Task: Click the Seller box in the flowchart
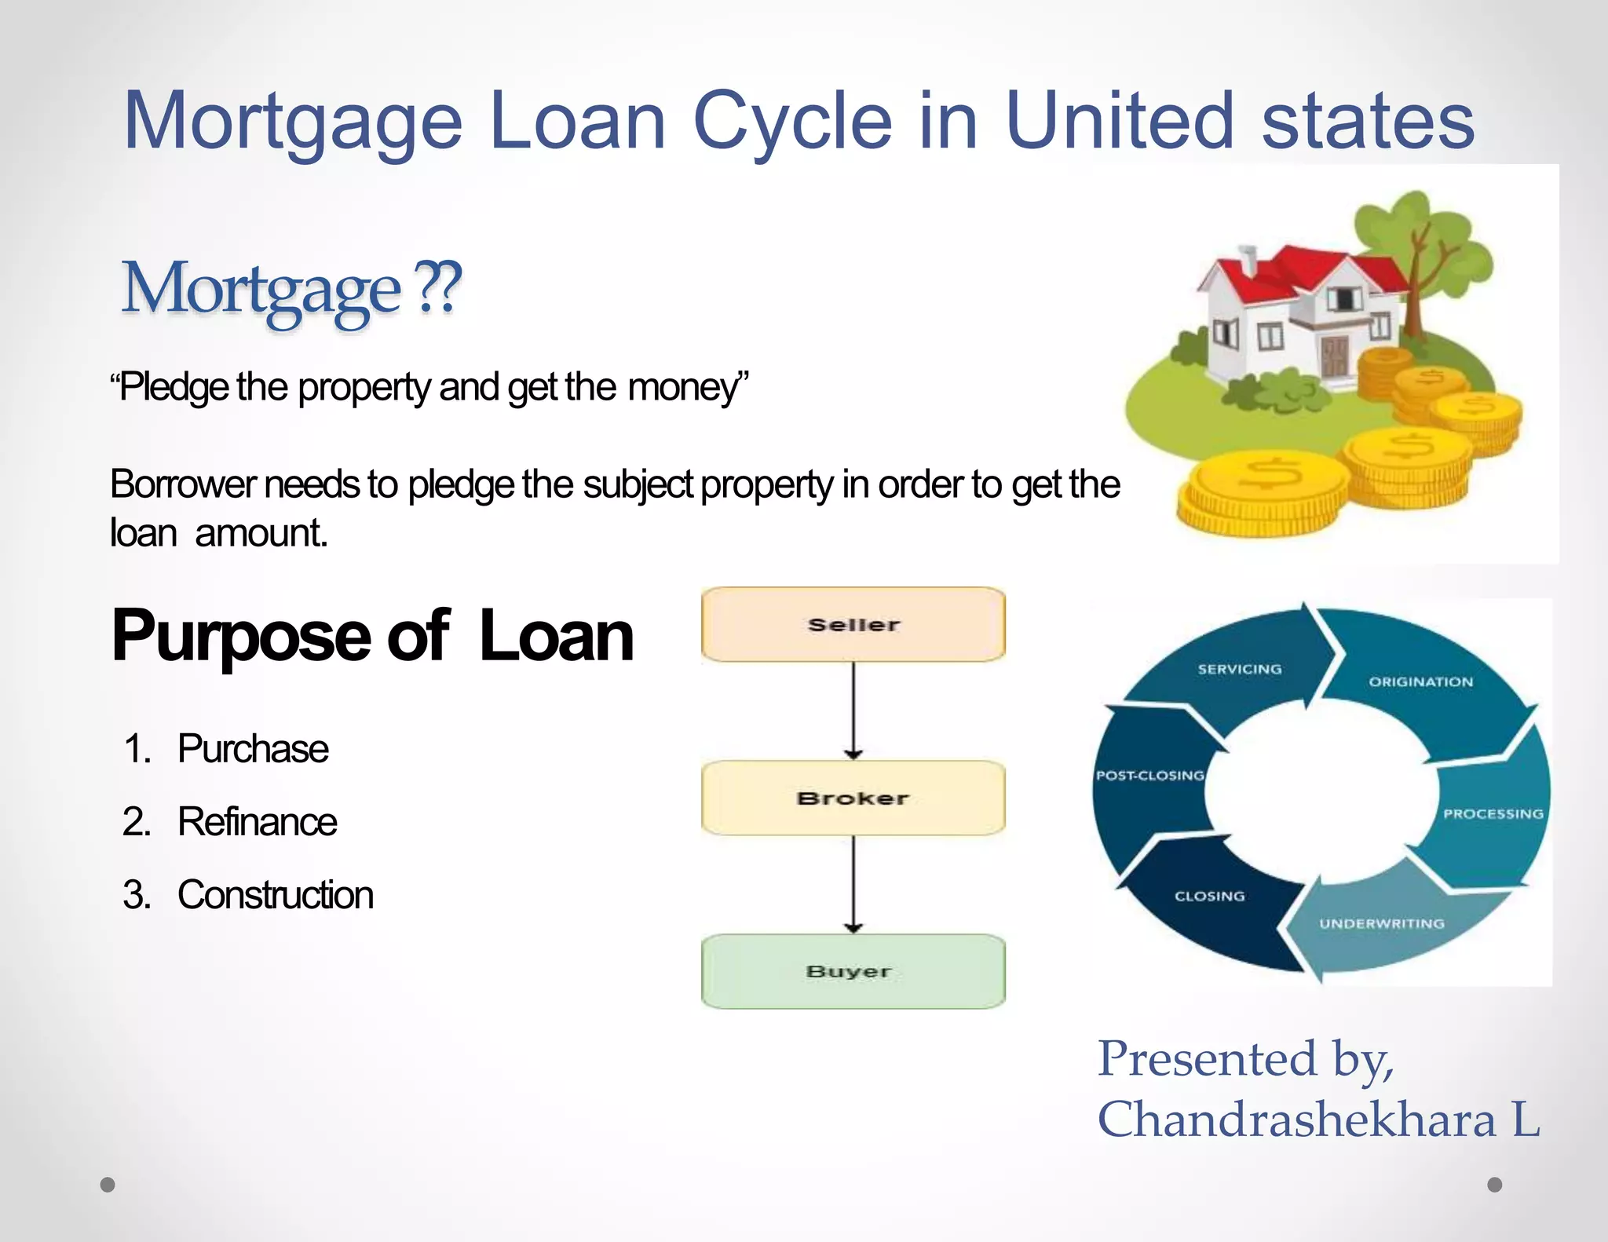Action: (853, 625)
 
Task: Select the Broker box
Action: (853, 798)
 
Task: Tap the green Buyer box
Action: (853, 972)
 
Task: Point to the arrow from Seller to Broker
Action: (853, 710)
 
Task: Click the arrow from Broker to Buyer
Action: (853, 884)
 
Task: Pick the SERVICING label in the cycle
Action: (1240, 670)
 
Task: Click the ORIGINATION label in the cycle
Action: (1421, 681)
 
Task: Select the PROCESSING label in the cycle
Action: (1493, 814)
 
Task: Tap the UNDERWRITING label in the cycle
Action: (1381, 924)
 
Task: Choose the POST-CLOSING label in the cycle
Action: (1150, 776)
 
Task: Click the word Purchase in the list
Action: (253, 749)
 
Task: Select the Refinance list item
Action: (258, 822)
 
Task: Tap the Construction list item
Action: (276, 895)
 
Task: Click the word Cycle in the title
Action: (792, 122)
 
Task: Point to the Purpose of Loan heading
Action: (372, 636)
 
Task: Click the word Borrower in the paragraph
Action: (183, 484)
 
